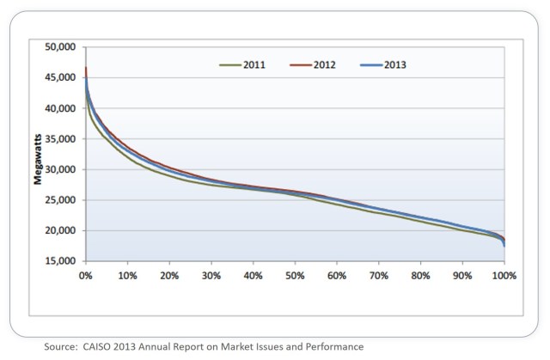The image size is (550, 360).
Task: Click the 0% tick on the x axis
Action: click(x=85, y=277)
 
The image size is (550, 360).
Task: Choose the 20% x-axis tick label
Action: click(x=169, y=277)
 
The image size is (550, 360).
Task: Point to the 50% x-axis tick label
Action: click(x=295, y=277)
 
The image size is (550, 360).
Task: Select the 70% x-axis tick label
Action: click(x=379, y=277)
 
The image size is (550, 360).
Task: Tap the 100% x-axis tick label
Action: click(x=504, y=277)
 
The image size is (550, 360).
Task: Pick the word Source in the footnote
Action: click(x=63, y=346)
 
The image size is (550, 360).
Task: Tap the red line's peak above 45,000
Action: click(x=86, y=69)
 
